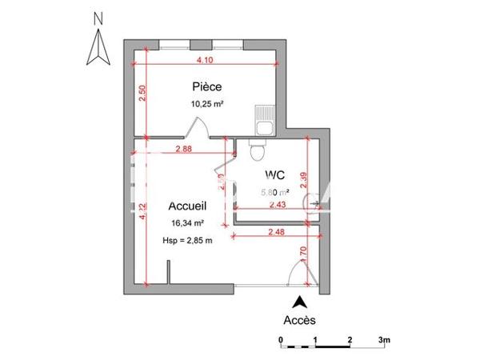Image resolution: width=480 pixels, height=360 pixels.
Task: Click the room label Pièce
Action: click(x=206, y=87)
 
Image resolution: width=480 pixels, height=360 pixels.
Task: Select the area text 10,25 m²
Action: click(x=206, y=104)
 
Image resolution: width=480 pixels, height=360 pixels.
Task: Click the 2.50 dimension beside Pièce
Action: click(x=142, y=95)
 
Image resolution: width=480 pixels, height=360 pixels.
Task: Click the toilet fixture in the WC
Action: click(x=258, y=149)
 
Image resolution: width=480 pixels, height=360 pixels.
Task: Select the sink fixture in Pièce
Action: click(x=264, y=121)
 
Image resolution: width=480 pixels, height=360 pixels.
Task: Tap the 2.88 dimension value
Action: click(x=182, y=149)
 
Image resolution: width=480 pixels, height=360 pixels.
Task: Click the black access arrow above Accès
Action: click(x=300, y=302)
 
